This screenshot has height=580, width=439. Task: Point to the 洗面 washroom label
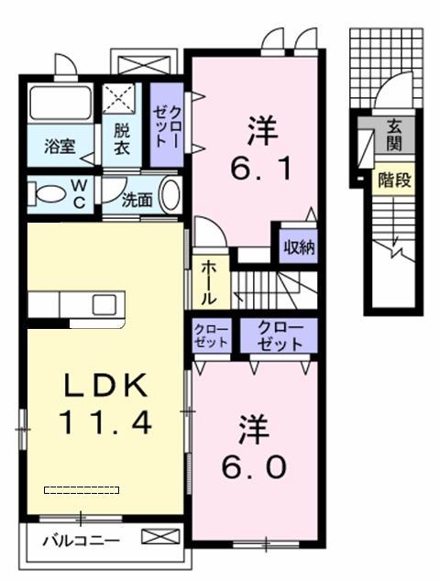[137, 197]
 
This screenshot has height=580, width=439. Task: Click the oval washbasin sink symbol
[170, 195]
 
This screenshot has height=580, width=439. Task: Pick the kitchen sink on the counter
[103, 303]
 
